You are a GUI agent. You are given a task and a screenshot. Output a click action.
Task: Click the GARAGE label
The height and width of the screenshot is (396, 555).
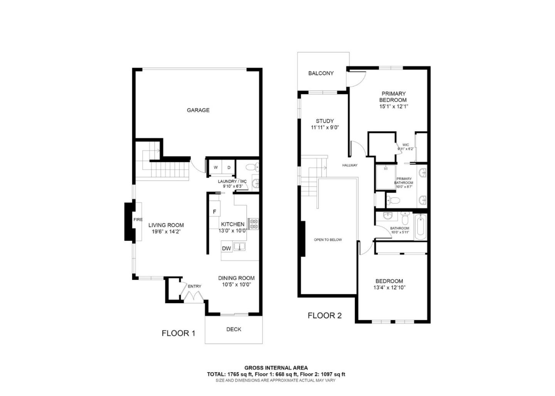pyautogui.click(x=198, y=110)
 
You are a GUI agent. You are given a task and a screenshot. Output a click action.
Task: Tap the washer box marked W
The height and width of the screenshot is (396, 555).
pyautogui.click(x=215, y=167)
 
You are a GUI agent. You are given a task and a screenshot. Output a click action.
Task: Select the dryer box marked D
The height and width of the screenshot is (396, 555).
pyautogui.click(x=229, y=167)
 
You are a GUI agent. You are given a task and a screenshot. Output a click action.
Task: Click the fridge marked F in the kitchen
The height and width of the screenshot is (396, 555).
pyautogui.click(x=214, y=212)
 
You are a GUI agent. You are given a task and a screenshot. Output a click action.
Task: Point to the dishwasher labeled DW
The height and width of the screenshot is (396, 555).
pyautogui.click(x=227, y=248)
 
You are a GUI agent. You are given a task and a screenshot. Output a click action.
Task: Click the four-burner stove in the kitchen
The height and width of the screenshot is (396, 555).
pyautogui.click(x=253, y=224)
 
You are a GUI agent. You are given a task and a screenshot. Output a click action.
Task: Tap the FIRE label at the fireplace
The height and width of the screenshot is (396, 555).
pyautogui.click(x=138, y=220)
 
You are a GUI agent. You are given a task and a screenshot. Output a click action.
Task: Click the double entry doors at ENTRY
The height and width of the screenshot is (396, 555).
pyautogui.click(x=192, y=296)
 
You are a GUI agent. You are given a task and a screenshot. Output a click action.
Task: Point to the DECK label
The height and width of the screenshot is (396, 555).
pyautogui.click(x=234, y=329)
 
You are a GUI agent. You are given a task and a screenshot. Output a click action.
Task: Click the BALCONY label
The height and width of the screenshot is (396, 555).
pyautogui.click(x=321, y=73)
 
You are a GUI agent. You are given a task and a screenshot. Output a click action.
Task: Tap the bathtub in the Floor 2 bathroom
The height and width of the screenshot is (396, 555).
pyautogui.click(x=420, y=227)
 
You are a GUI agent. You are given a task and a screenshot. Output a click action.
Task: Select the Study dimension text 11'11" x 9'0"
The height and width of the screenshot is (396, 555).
pyautogui.click(x=325, y=127)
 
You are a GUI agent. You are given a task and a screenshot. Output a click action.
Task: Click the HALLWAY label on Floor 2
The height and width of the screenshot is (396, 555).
pyautogui.click(x=350, y=165)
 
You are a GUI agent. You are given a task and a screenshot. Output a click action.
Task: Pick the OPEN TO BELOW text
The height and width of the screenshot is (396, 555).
pyautogui.click(x=328, y=240)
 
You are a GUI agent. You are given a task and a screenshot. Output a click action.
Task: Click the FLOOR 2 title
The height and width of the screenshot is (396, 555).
pyautogui.click(x=325, y=316)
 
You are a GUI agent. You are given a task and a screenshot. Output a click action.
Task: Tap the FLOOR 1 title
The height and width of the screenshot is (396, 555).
pyautogui.click(x=178, y=333)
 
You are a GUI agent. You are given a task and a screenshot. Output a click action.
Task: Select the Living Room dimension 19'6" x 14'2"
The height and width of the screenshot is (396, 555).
pyautogui.click(x=166, y=232)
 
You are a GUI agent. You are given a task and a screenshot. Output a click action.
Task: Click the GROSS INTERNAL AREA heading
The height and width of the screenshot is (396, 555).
pyautogui.click(x=276, y=368)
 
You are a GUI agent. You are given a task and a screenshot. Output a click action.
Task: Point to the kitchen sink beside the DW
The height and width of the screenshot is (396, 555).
pyautogui.click(x=239, y=246)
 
